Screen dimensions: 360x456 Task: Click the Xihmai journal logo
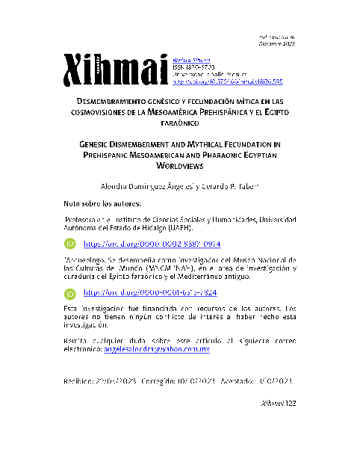point(115,70)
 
